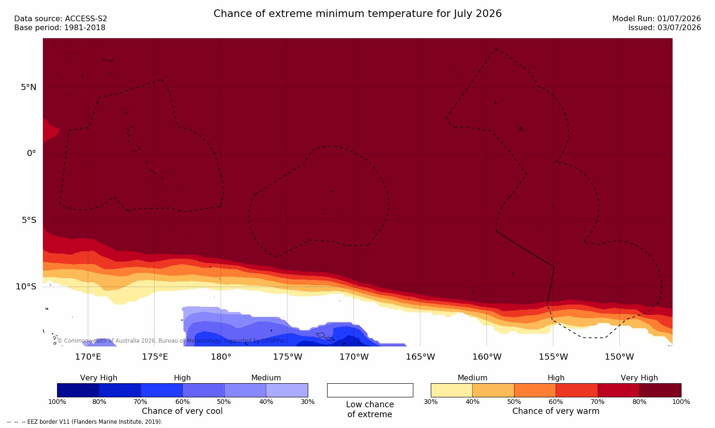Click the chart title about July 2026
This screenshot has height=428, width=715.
pyautogui.click(x=357, y=14)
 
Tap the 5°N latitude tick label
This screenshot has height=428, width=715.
pyautogui.click(x=29, y=87)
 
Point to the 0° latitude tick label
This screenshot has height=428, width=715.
pyautogui.click(x=31, y=154)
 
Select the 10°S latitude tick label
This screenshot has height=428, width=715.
pyautogui.click(x=26, y=287)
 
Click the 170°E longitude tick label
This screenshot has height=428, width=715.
pyautogui.click(x=88, y=357)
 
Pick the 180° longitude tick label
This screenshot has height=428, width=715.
pyautogui.click(x=221, y=357)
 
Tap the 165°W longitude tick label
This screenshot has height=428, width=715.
pyautogui.click(x=420, y=357)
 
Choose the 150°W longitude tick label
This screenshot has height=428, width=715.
pyautogui.click(x=620, y=357)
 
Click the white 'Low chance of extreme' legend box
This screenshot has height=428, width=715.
pyautogui.click(x=370, y=390)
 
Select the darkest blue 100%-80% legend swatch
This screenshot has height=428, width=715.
pyautogui.click(x=78, y=390)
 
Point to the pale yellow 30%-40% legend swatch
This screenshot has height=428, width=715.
pyautogui.click(x=452, y=390)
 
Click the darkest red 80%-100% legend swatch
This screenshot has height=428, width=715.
pyautogui.click(x=660, y=390)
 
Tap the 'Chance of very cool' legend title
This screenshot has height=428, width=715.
pyautogui.click(x=182, y=411)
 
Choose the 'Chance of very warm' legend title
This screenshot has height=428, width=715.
pyautogui.click(x=556, y=411)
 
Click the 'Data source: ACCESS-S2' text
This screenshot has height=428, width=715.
pyautogui.click(x=61, y=19)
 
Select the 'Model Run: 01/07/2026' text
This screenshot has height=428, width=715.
pyautogui.click(x=656, y=19)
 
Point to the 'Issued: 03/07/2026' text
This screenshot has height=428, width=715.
pyautogui.click(x=665, y=28)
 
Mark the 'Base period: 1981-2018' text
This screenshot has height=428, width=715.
pyautogui.click(x=60, y=28)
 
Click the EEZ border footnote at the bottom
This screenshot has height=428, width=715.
pyautogui.click(x=84, y=421)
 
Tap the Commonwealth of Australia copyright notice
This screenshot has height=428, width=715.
pyautogui.click(x=172, y=341)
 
